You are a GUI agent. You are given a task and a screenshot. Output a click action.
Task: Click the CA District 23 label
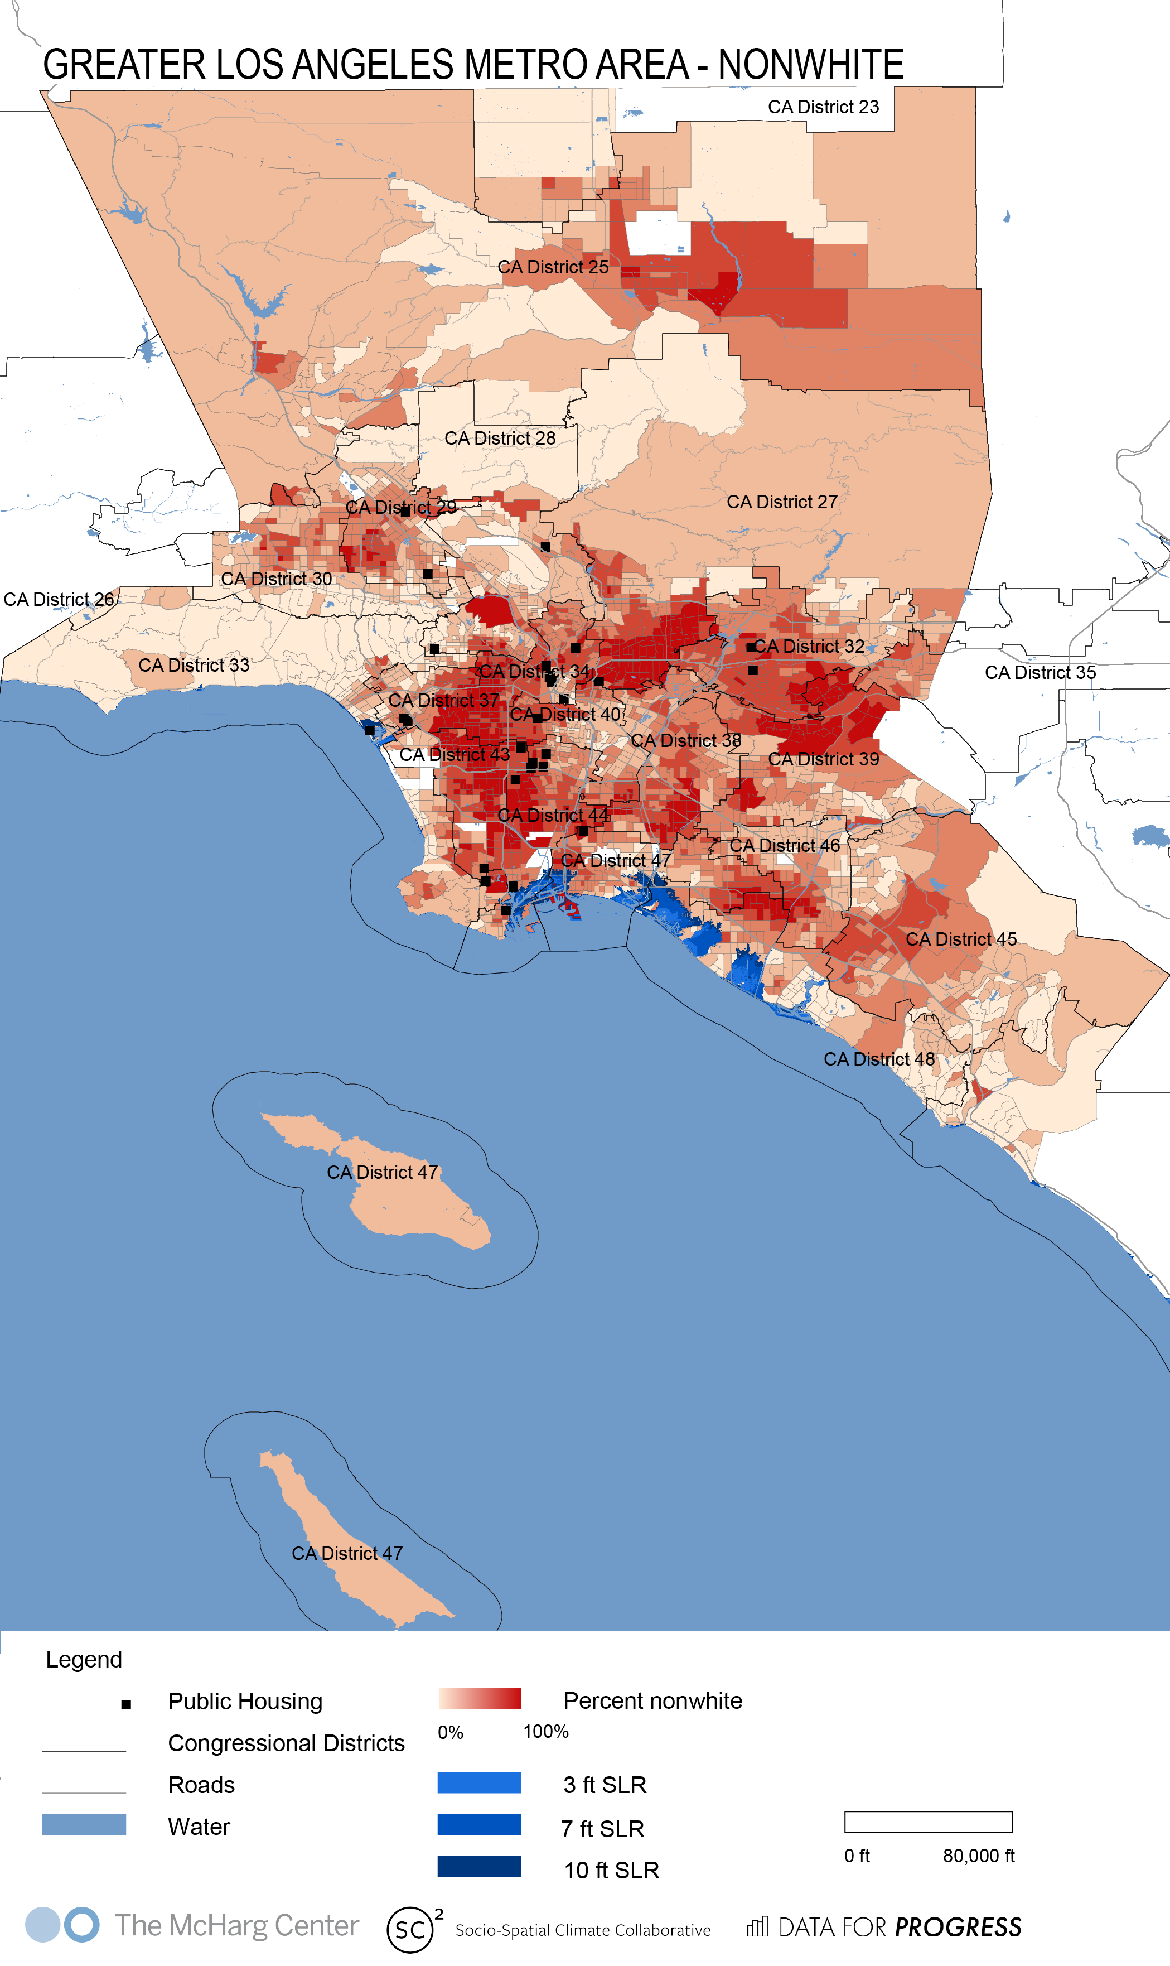pos(823,107)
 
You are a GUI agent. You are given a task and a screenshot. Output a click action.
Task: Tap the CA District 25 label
pos(553,267)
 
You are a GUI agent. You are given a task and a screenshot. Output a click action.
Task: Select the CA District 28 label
pos(500,439)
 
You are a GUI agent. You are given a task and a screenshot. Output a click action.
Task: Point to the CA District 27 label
pos(781,502)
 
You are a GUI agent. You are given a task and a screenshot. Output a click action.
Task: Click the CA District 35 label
pos(1040,673)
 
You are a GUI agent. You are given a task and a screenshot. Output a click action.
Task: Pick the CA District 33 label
pos(194,666)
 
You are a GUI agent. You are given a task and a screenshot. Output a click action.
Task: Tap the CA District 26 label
pos(59,599)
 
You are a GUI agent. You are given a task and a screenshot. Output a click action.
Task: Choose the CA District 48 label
pos(879,1059)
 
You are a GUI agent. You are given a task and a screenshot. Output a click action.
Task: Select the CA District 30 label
pos(276,579)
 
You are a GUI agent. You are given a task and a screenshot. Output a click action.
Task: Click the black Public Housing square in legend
pos(126,1704)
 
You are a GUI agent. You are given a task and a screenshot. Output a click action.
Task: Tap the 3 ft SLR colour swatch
pos(480,1783)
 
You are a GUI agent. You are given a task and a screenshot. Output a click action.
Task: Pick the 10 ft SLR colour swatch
pos(480,1867)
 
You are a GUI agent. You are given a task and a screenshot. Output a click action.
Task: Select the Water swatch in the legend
pos(84,1825)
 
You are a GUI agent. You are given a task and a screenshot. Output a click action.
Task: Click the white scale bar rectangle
pos(928,1822)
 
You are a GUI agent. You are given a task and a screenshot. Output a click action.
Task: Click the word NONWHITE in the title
pos(810,65)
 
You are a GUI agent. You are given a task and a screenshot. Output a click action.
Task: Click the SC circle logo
pos(410,1930)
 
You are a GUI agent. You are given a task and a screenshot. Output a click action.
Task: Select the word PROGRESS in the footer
pos(958,1928)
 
